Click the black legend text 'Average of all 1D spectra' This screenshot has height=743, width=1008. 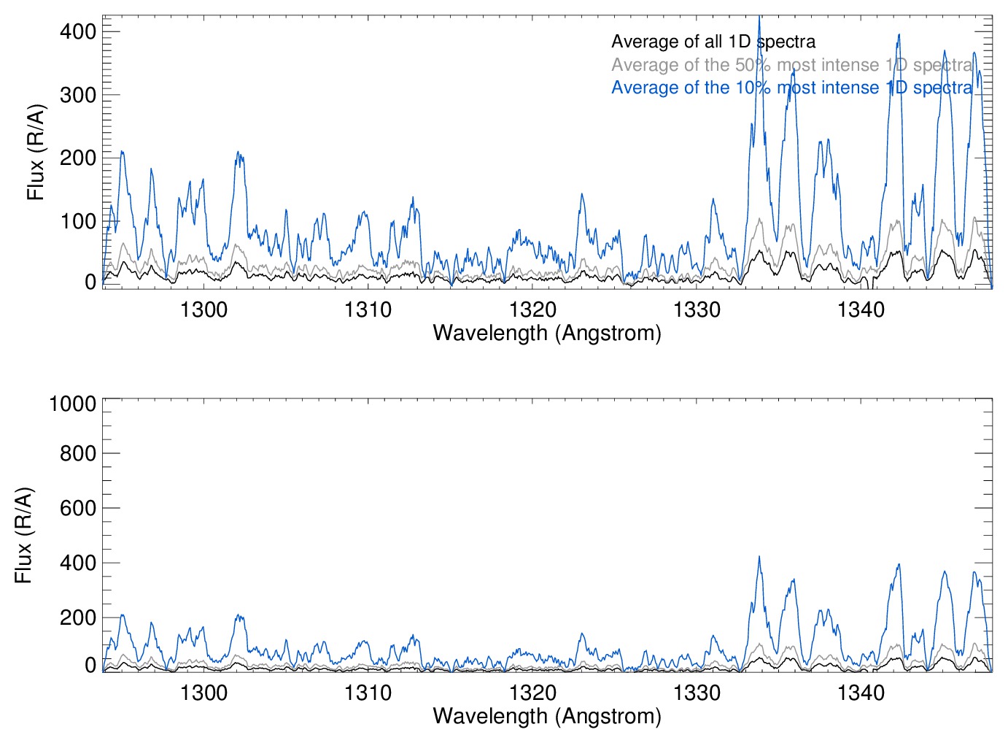pos(713,42)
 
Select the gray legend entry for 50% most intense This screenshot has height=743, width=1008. pos(791,65)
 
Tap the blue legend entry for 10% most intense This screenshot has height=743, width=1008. pos(791,88)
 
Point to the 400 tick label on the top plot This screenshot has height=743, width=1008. pos(78,31)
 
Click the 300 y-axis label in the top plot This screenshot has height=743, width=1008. pos(78,95)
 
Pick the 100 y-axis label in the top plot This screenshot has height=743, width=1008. pos(78,221)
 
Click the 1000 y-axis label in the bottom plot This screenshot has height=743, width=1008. pos(72,404)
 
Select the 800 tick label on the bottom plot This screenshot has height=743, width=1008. pos(78,453)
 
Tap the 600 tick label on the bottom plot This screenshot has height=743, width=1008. pos(78,508)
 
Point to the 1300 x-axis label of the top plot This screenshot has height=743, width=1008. pos(203,309)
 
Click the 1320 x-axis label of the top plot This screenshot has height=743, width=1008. pos(532,309)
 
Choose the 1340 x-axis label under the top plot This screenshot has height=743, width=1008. pos(861,309)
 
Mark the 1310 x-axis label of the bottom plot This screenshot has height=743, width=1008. pos(368,692)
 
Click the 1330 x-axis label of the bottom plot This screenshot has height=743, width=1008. pos(697,692)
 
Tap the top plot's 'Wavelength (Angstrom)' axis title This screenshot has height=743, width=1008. pos(547,334)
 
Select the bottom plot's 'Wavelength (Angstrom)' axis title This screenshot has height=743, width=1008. pos(547,716)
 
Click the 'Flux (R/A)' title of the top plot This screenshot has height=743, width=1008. pos(36,153)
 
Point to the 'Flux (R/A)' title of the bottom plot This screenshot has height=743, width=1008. pos(24,535)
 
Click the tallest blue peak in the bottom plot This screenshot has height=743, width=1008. pos(759,558)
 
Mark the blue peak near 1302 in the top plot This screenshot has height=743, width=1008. pos(238,153)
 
